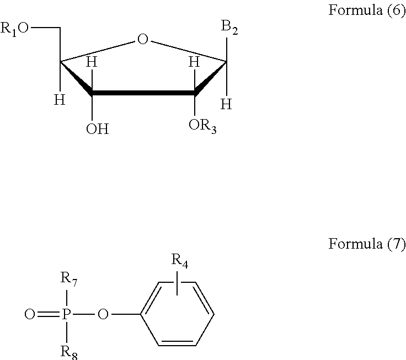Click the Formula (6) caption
(x=366, y=12)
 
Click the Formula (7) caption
(x=366, y=244)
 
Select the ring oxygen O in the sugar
(x=143, y=39)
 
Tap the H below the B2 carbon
(x=226, y=103)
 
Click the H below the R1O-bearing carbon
(x=59, y=100)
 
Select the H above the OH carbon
(x=92, y=63)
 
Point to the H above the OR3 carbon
(x=194, y=63)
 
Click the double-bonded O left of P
(x=30, y=315)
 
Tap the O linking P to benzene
(x=103, y=315)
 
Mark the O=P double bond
(x=48, y=315)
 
